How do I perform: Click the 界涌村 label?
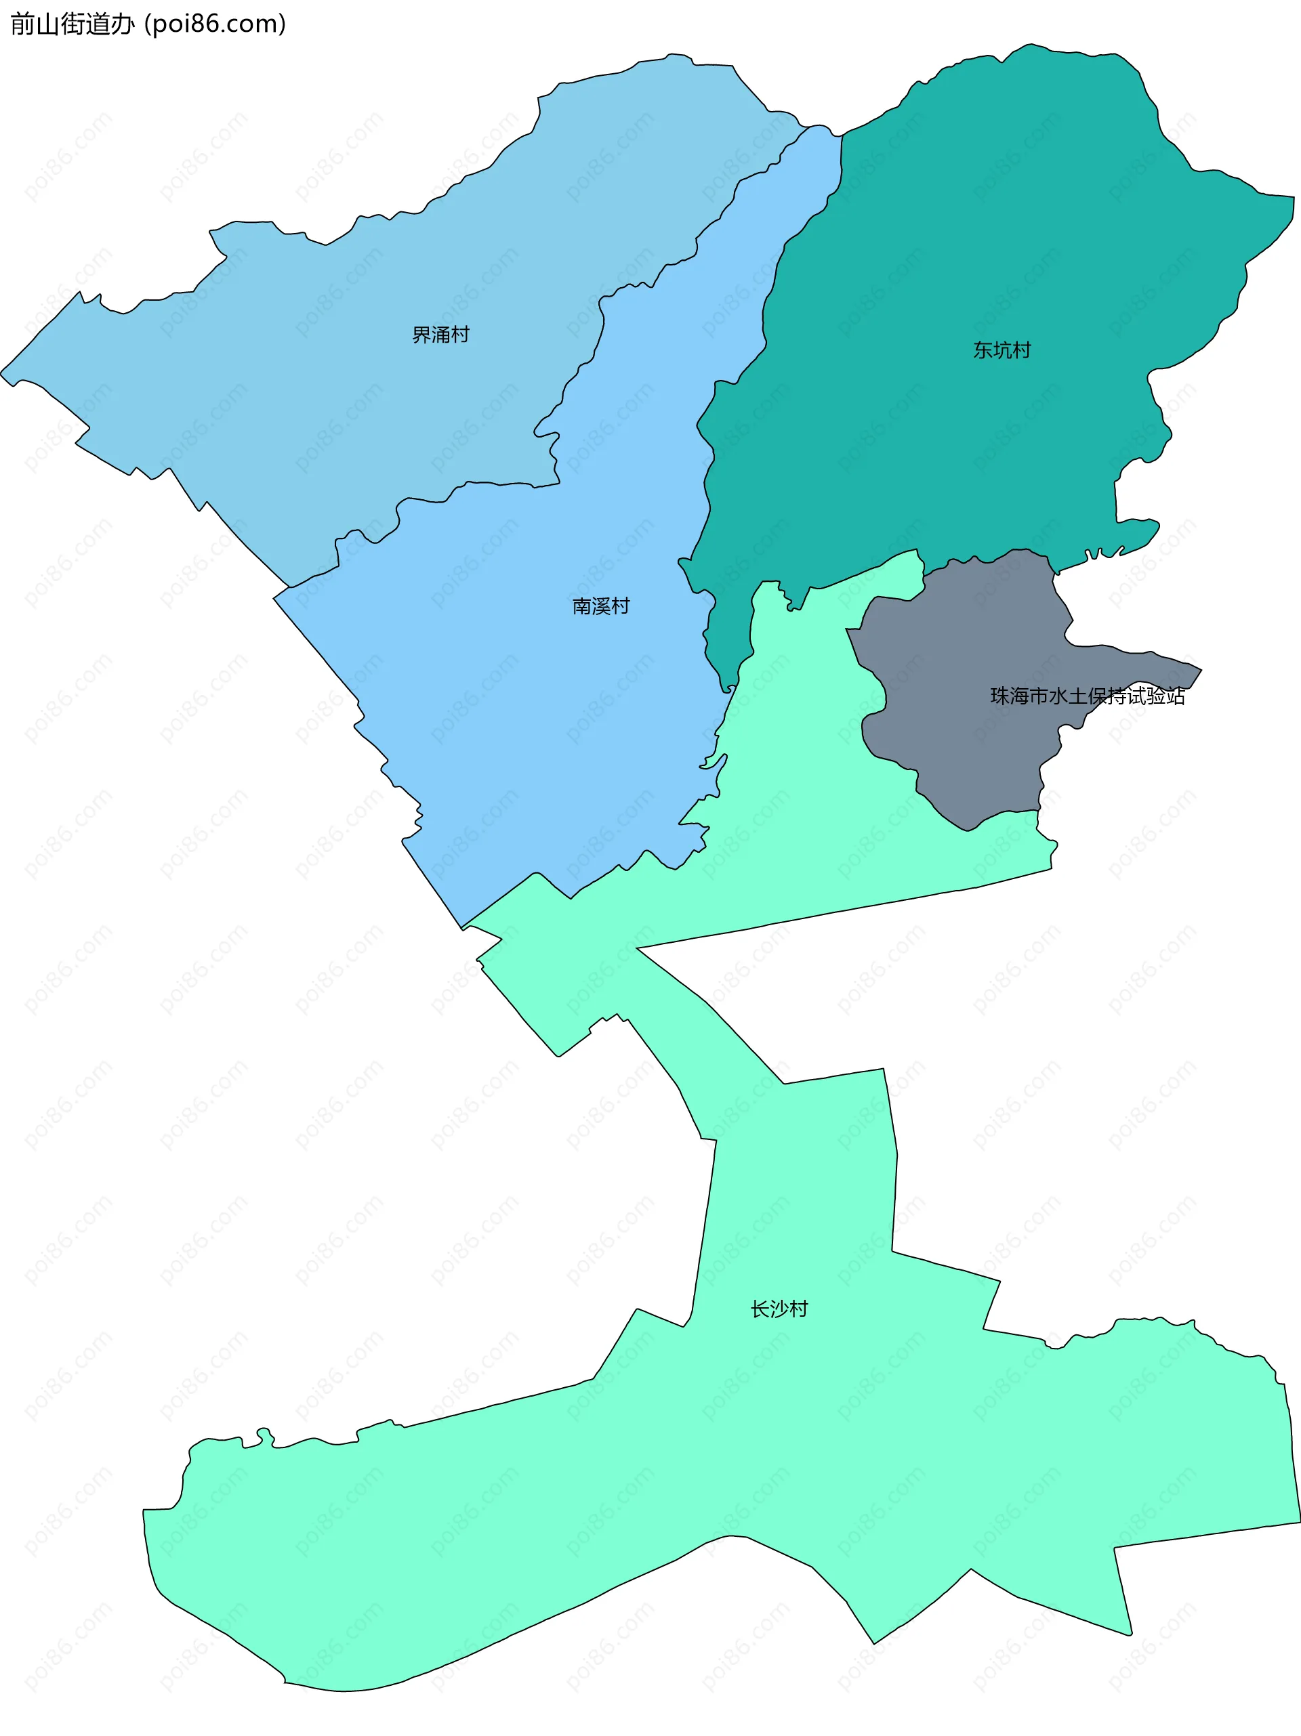[x=440, y=335]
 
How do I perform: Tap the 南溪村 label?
[x=600, y=606]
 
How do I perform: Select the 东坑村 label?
[x=1002, y=350]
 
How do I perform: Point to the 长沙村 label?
[x=779, y=1309]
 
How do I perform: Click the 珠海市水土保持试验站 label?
[x=1087, y=696]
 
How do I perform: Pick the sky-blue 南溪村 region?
[x=550, y=706]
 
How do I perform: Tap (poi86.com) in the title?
[x=215, y=24]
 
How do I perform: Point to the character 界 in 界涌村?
[x=421, y=335]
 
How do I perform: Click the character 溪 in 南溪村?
[x=600, y=606]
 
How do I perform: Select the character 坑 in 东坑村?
[x=1002, y=350]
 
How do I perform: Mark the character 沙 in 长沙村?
[x=779, y=1309]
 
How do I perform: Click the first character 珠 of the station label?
[x=999, y=696]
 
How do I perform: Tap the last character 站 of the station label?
[x=1176, y=696]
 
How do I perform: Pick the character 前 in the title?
[x=22, y=24]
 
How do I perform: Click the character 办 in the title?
[x=123, y=24]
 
